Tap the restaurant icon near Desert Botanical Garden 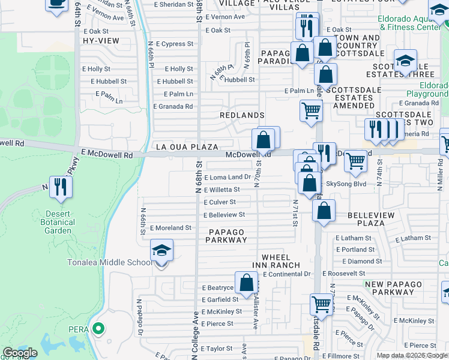click(60, 187)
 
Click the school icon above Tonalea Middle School click(161, 250)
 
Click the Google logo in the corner click(20, 353)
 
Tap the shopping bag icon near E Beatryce click(246, 283)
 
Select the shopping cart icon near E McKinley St click(321, 304)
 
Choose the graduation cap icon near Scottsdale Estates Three click(406, 60)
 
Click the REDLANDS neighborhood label click(242, 115)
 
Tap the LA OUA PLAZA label click(186, 146)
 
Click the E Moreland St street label click(170, 228)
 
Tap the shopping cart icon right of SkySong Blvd click(355, 161)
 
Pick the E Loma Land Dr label click(228, 177)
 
